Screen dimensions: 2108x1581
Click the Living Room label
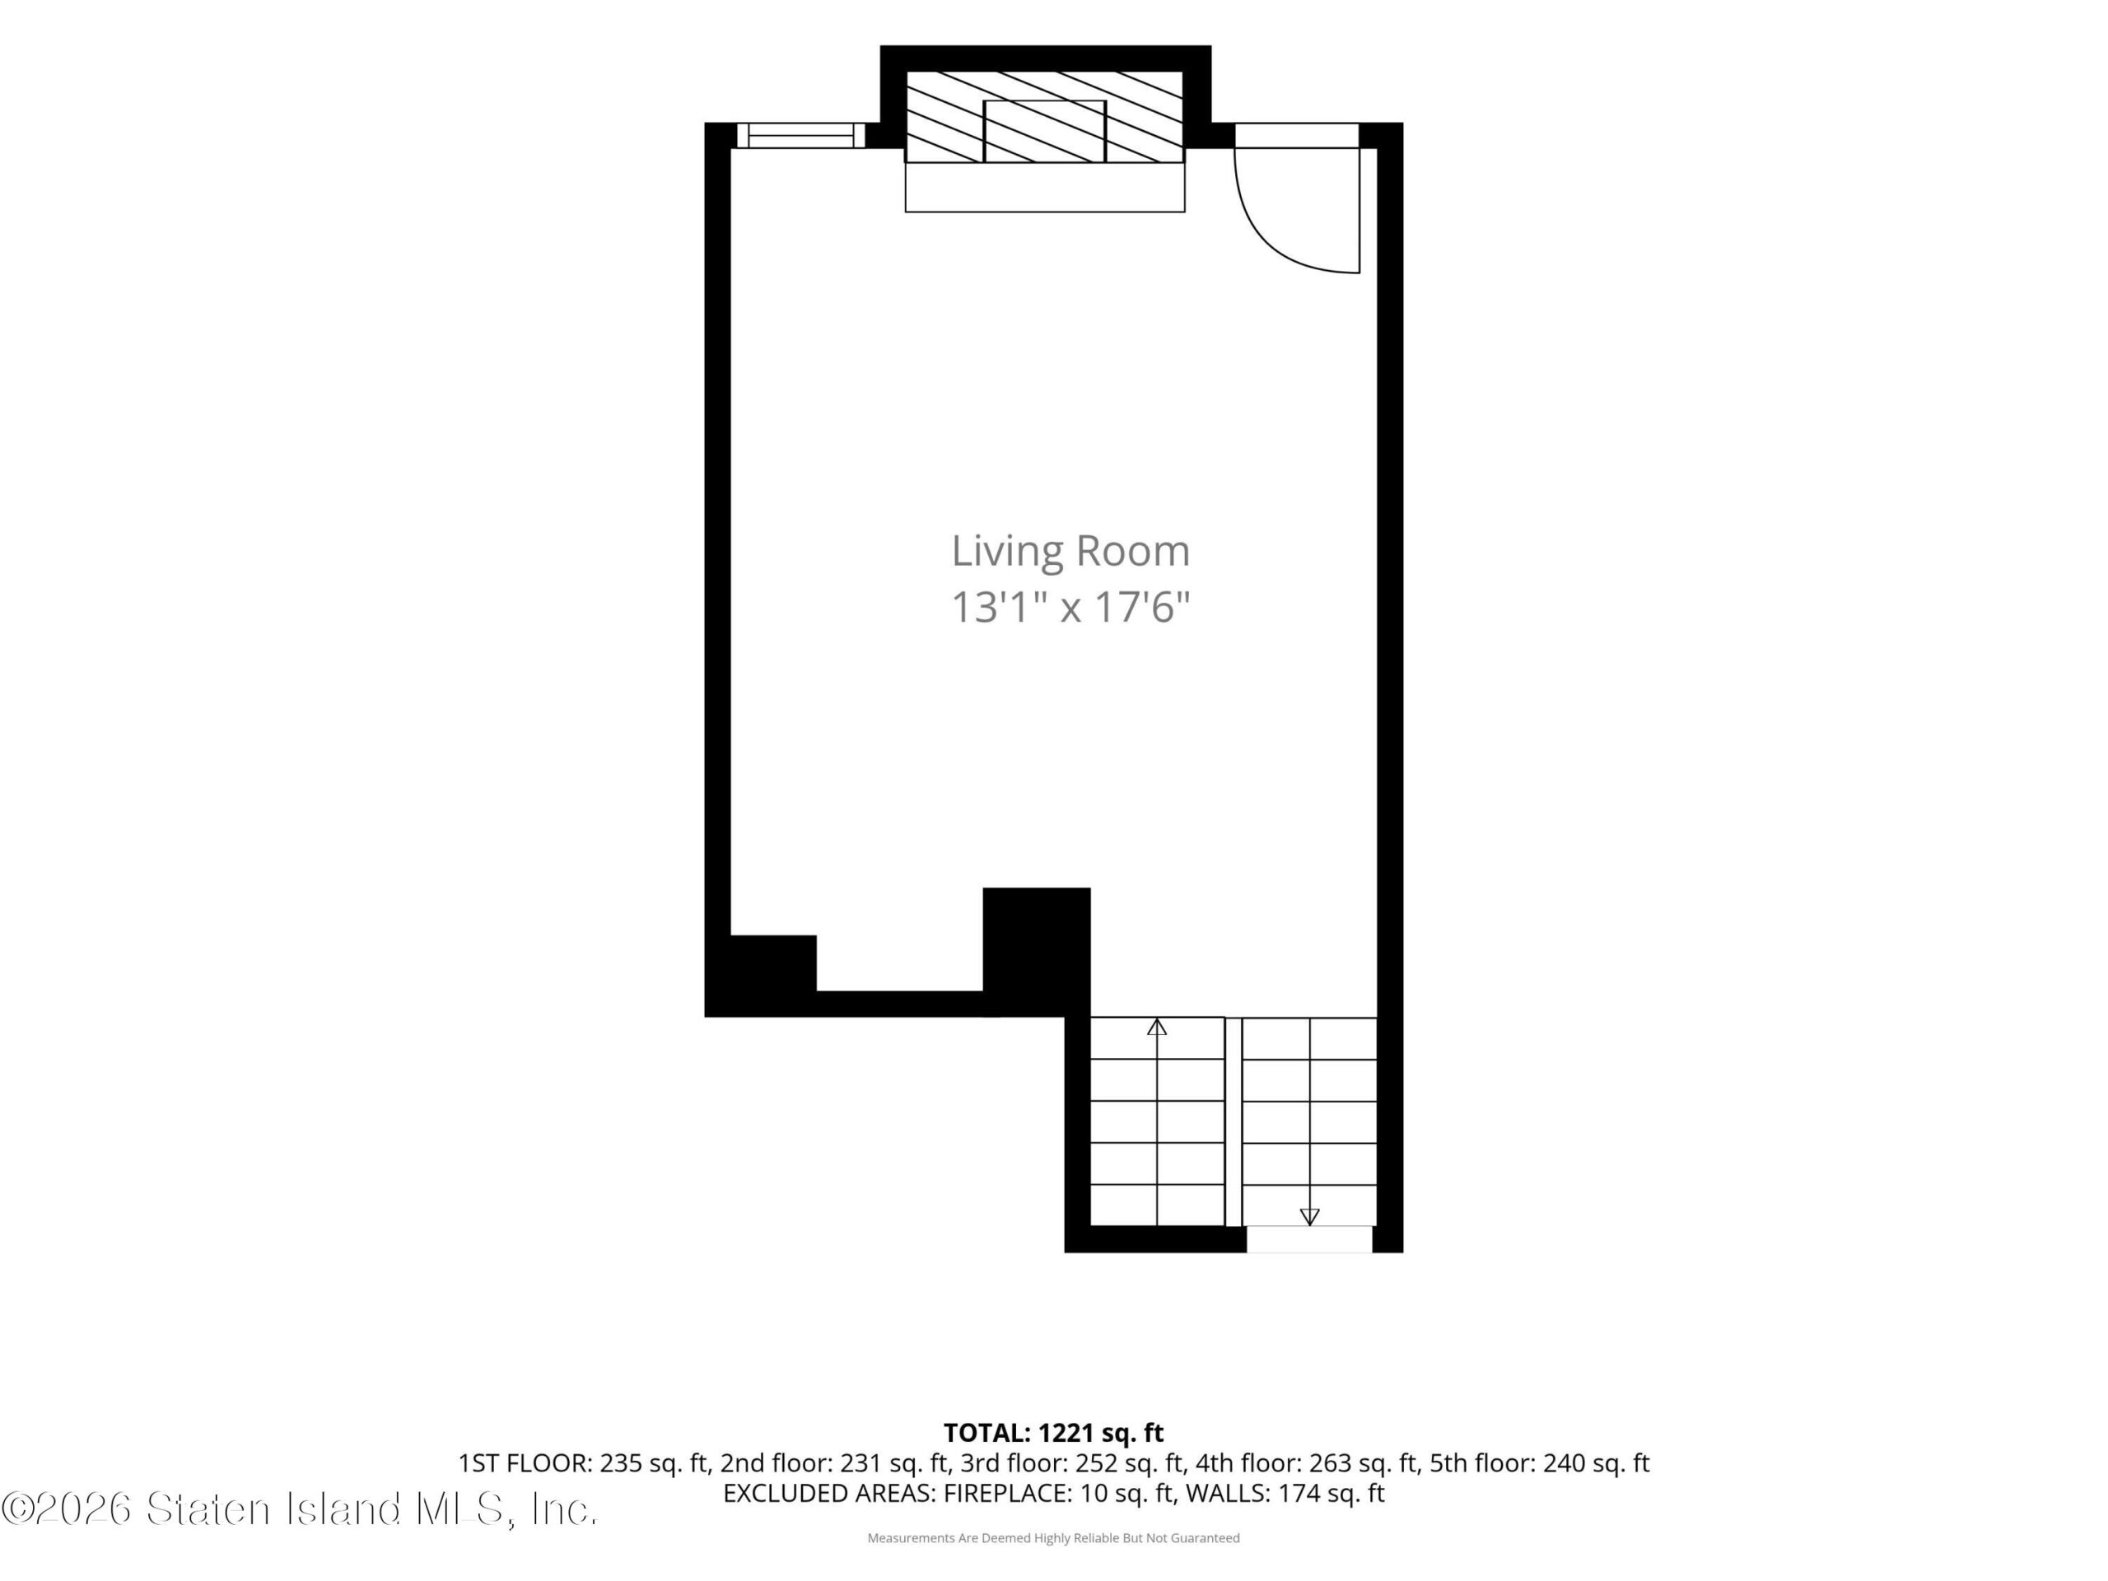tap(1070, 552)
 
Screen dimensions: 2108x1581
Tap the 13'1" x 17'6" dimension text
tap(1070, 607)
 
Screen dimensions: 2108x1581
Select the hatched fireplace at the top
tap(1044, 116)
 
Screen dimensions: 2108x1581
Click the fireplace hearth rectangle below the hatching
tap(1044, 187)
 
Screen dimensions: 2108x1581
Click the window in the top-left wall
tap(800, 135)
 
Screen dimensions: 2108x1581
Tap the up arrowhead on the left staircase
tap(1157, 1026)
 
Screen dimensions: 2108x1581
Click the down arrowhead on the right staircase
tap(1309, 1217)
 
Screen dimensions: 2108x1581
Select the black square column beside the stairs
tap(1037, 952)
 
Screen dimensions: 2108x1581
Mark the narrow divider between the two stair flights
tap(1234, 1122)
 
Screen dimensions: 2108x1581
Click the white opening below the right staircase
tap(1309, 1239)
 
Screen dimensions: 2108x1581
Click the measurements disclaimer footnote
tap(1053, 1537)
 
